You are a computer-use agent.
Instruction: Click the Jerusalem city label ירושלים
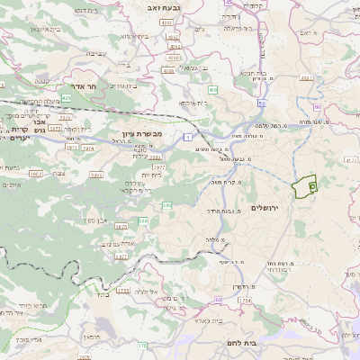(266, 209)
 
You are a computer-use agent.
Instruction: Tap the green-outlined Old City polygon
(307, 185)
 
